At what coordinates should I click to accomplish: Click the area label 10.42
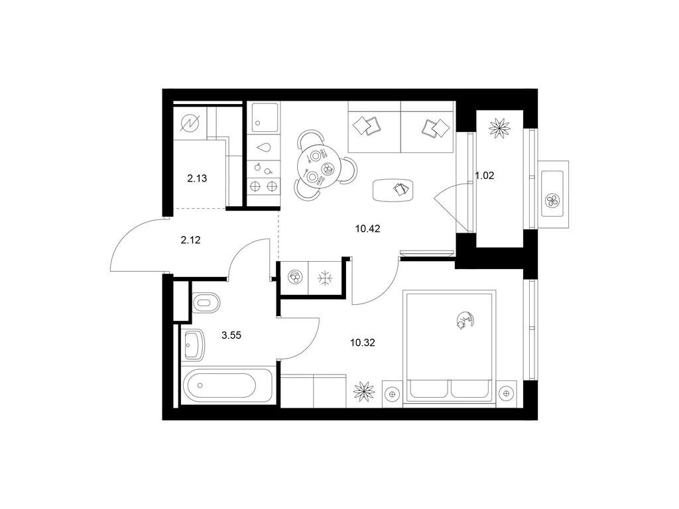point(367,229)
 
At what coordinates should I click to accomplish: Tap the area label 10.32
point(363,343)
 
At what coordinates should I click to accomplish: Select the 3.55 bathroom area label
point(231,335)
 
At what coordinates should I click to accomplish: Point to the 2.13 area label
point(197,178)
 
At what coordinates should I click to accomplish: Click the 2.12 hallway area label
point(190,240)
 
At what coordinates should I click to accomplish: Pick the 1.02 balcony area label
point(485,176)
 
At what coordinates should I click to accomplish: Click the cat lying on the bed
point(463,320)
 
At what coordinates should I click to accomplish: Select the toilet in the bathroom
point(205,302)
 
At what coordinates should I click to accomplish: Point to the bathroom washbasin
point(194,345)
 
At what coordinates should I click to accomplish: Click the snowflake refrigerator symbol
point(324,278)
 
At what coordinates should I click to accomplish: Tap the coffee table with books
point(393,190)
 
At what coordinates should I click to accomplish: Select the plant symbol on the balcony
point(499,127)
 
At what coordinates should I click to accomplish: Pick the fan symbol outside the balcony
point(552,199)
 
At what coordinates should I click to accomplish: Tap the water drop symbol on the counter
point(263,148)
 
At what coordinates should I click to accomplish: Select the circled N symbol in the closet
point(190,123)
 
